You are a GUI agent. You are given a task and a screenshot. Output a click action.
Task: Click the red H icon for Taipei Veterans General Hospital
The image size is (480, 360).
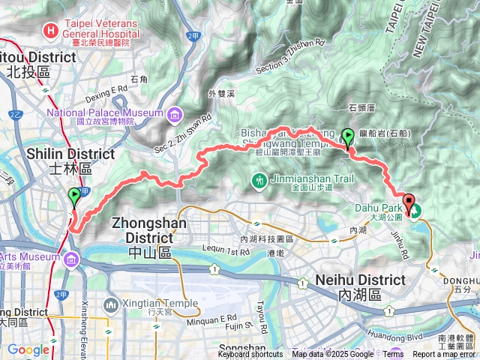point(50,31)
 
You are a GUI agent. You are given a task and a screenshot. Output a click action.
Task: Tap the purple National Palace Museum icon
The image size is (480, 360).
point(175,113)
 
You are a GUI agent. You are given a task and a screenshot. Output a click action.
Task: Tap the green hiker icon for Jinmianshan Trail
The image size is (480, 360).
point(259,181)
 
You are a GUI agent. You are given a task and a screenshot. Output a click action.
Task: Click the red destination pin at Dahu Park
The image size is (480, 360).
point(409,202)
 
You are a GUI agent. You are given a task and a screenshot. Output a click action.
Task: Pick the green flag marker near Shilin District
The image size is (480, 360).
point(74,197)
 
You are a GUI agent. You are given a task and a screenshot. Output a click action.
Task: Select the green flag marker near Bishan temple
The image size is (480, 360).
point(348,136)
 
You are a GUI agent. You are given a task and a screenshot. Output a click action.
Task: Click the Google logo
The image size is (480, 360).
point(28,349)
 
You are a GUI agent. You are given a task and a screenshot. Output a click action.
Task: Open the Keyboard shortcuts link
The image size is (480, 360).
point(250,355)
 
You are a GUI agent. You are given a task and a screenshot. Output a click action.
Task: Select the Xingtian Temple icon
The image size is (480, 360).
point(110,304)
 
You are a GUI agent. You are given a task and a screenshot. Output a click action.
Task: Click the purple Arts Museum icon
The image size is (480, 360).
point(72,259)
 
